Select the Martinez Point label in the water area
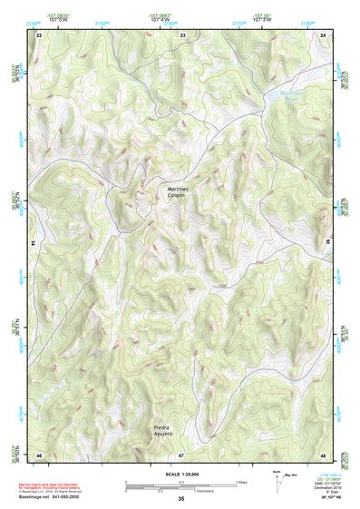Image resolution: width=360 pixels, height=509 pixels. click(x=295, y=93)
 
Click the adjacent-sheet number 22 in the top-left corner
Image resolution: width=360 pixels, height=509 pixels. click(x=40, y=34)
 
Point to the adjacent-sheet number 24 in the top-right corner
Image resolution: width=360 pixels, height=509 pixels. click(x=323, y=34)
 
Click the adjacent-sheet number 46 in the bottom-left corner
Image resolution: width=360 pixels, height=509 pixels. click(x=40, y=454)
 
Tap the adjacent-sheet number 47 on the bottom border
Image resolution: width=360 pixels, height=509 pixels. click(x=181, y=454)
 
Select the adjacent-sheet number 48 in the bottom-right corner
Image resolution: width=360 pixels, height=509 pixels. click(x=323, y=454)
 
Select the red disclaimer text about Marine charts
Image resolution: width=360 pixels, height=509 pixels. click(x=60, y=483)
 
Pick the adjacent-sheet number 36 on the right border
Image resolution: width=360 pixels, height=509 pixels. click(x=326, y=243)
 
